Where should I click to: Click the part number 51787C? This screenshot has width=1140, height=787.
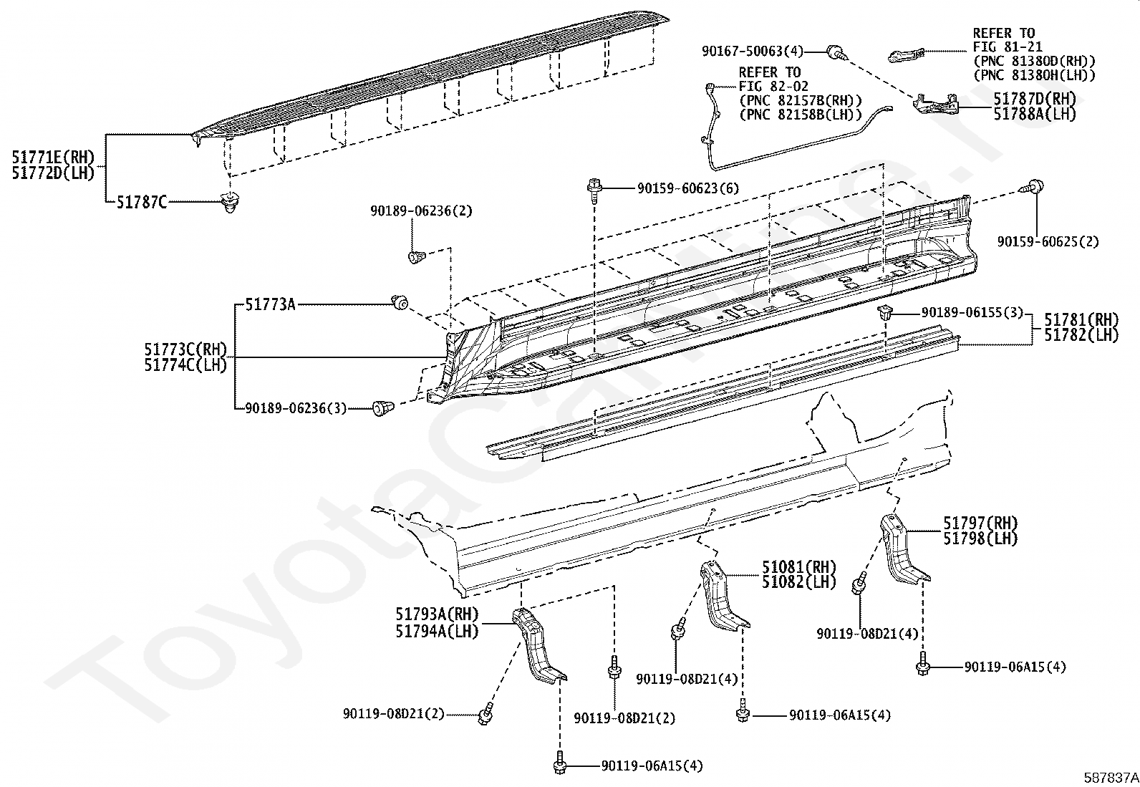142,203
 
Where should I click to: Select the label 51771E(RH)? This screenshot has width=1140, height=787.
54,158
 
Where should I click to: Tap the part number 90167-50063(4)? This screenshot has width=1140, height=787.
752,52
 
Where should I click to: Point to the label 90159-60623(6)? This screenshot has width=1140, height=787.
688,188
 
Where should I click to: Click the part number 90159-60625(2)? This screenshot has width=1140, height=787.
1048,241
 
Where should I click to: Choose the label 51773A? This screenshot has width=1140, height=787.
270,304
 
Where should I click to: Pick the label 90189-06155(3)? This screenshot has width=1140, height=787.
972,312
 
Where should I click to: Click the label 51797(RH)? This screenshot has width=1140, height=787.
980,523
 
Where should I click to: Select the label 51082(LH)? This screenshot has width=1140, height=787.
799,582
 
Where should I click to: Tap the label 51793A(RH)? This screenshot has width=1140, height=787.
438,614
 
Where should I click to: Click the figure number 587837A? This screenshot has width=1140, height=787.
1111,778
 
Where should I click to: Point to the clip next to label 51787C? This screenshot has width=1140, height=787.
231,202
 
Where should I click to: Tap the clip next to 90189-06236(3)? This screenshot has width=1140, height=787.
382,407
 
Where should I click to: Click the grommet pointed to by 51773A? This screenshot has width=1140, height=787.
400,303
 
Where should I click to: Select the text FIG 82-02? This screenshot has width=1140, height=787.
773,87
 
